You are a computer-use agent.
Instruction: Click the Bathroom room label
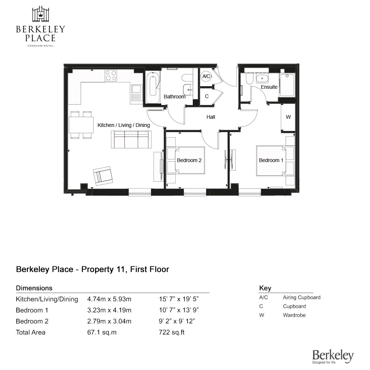tap(174, 97)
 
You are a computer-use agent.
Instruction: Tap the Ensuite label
tap(269, 87)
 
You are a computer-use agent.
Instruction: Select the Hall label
tap(211, 117)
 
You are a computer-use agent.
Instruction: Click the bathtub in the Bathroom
tap(153, 87)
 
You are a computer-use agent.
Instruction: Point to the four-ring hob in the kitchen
tap(111, 75)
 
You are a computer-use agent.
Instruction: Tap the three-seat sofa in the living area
tap(131, 140)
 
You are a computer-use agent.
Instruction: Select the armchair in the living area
tap(103, 176)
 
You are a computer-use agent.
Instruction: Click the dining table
tap(81, 125)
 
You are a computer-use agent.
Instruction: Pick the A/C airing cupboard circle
tap(206, 76)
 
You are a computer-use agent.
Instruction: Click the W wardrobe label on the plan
tap(288, 117)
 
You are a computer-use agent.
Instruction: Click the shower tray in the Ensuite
tap(287, 85)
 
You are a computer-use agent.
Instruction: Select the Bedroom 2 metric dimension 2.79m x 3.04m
tap(109, 321)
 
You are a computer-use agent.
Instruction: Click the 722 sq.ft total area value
tap(172, 332)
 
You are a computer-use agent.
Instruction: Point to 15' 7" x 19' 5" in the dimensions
tap(179, 299)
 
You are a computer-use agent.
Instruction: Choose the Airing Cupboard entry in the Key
tap(302, 297)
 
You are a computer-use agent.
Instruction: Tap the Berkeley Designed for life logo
tap(333, 356)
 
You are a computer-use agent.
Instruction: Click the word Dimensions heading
tap(34, 288)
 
